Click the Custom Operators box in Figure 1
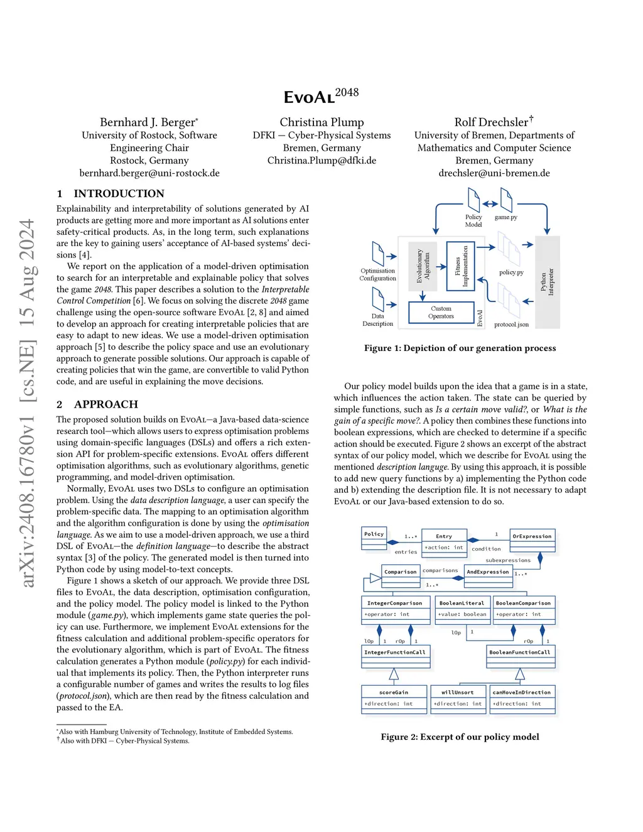(441, 313)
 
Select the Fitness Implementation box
(461, 266)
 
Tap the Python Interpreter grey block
(547, 282)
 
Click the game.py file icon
(506, 201)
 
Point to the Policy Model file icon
(473, 200)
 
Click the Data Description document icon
(378, 300)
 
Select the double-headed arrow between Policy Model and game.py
(490, 203)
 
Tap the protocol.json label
(511, 325)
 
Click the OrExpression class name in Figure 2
(532, 536)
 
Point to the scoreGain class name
(394, 692)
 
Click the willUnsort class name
(458, 692)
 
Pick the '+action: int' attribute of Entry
(444, 548)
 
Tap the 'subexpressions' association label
(508, 560)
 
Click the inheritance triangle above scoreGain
(394, 674)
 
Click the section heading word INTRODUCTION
(119, 193)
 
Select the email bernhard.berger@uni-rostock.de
(149, 173)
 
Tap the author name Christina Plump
(321, 122)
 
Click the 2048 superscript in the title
(347, 92)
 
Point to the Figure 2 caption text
(460, 737)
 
